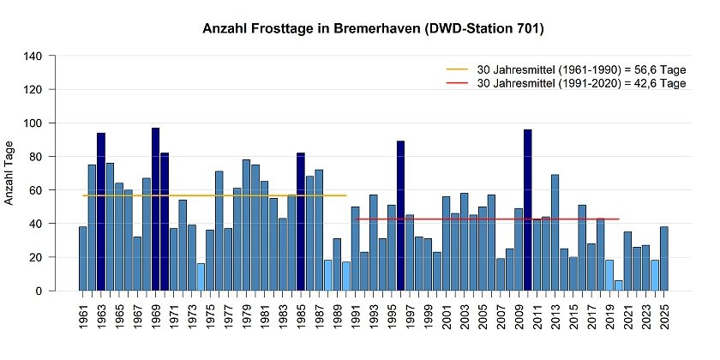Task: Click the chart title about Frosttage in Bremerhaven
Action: [373, 29]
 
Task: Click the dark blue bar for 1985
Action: [301, 222]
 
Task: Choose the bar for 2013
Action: [555, 232]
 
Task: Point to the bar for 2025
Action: [664, 258]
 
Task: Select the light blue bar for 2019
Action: [609, 275]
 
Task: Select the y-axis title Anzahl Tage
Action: [9, 174]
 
